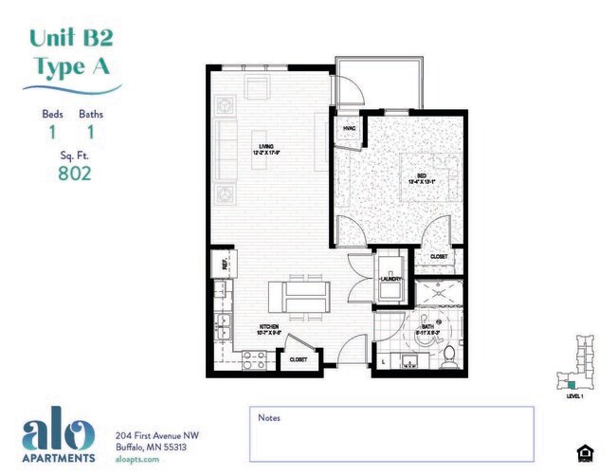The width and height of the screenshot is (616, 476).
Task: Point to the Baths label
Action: (91, 115)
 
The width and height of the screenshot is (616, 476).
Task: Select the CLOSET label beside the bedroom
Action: (439, 256)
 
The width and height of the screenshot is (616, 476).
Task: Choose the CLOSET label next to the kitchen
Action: (297, 360)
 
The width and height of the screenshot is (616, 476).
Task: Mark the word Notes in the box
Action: (269, 417)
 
